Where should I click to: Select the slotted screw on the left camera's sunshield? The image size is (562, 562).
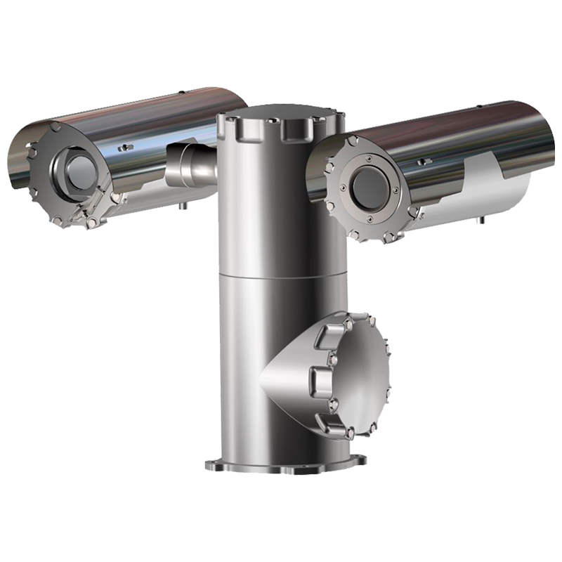pos(126,147)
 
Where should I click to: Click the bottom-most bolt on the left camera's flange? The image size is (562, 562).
pos(91,223)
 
